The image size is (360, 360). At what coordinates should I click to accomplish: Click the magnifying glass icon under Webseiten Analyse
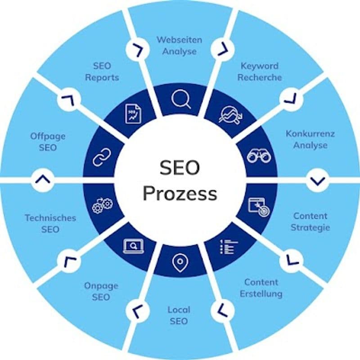pyautogui.click(x=181, y=99)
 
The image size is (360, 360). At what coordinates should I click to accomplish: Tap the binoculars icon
pyautogui.click(x=259, y=156)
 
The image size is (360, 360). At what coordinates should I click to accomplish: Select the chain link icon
pyautogui.click(x=102, y=157)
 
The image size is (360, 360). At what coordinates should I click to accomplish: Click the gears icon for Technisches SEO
pyautogui.click(x=103, y=206)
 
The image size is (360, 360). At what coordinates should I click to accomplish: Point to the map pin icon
pyautogui.click(x=180, y=262)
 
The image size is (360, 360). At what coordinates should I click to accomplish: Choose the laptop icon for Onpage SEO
pyautogui.click(x=134, y=246)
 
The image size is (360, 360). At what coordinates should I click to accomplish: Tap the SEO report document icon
pyautogui.click(x=133, y=113)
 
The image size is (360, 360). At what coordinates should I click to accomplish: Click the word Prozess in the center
pyautogui.click(x=180, y=193)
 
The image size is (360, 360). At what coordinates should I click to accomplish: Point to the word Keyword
pyautogui.click(x=260, y=66)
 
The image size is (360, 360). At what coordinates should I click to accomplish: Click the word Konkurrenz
pyautogui.click(x=310, y=134)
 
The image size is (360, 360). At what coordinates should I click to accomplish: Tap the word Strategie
pyautogui.click(x=310, y=228)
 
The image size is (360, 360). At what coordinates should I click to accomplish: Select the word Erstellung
pyautogui.click(x=261, y=294)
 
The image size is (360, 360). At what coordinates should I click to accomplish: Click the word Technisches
pyautogui.click(x=50, y=218)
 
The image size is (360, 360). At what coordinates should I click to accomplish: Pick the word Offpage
pyautogui.click(x=48, y=136)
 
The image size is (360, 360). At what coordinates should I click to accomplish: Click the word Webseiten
pyautogui.click(x=179, y=40)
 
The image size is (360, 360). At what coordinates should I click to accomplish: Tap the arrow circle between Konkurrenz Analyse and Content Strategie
pyautogui.click(x=318, y=180)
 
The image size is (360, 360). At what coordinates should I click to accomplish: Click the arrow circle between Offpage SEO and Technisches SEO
pyautogui.click(x=43, y=180)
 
